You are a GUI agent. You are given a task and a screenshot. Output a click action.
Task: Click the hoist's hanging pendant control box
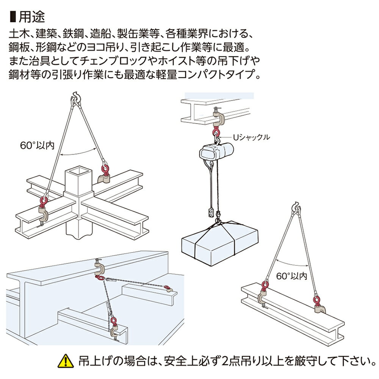(x=211, y=211)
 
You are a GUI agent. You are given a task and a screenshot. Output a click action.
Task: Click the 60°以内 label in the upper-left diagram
(x=38, y=144)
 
